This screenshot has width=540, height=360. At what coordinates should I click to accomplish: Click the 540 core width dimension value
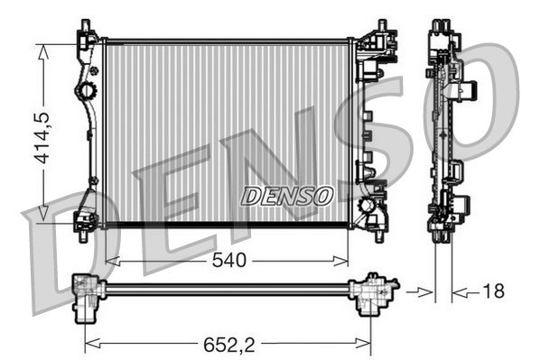[x=228, y=261]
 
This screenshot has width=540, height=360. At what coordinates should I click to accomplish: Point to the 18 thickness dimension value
[x=493, y=291]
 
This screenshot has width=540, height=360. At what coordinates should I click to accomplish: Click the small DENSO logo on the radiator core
[x=287, y=194]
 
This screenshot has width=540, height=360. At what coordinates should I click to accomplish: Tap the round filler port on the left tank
[x=87, y=91]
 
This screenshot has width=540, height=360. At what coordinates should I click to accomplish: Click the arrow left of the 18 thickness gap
[x=424, y=291]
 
